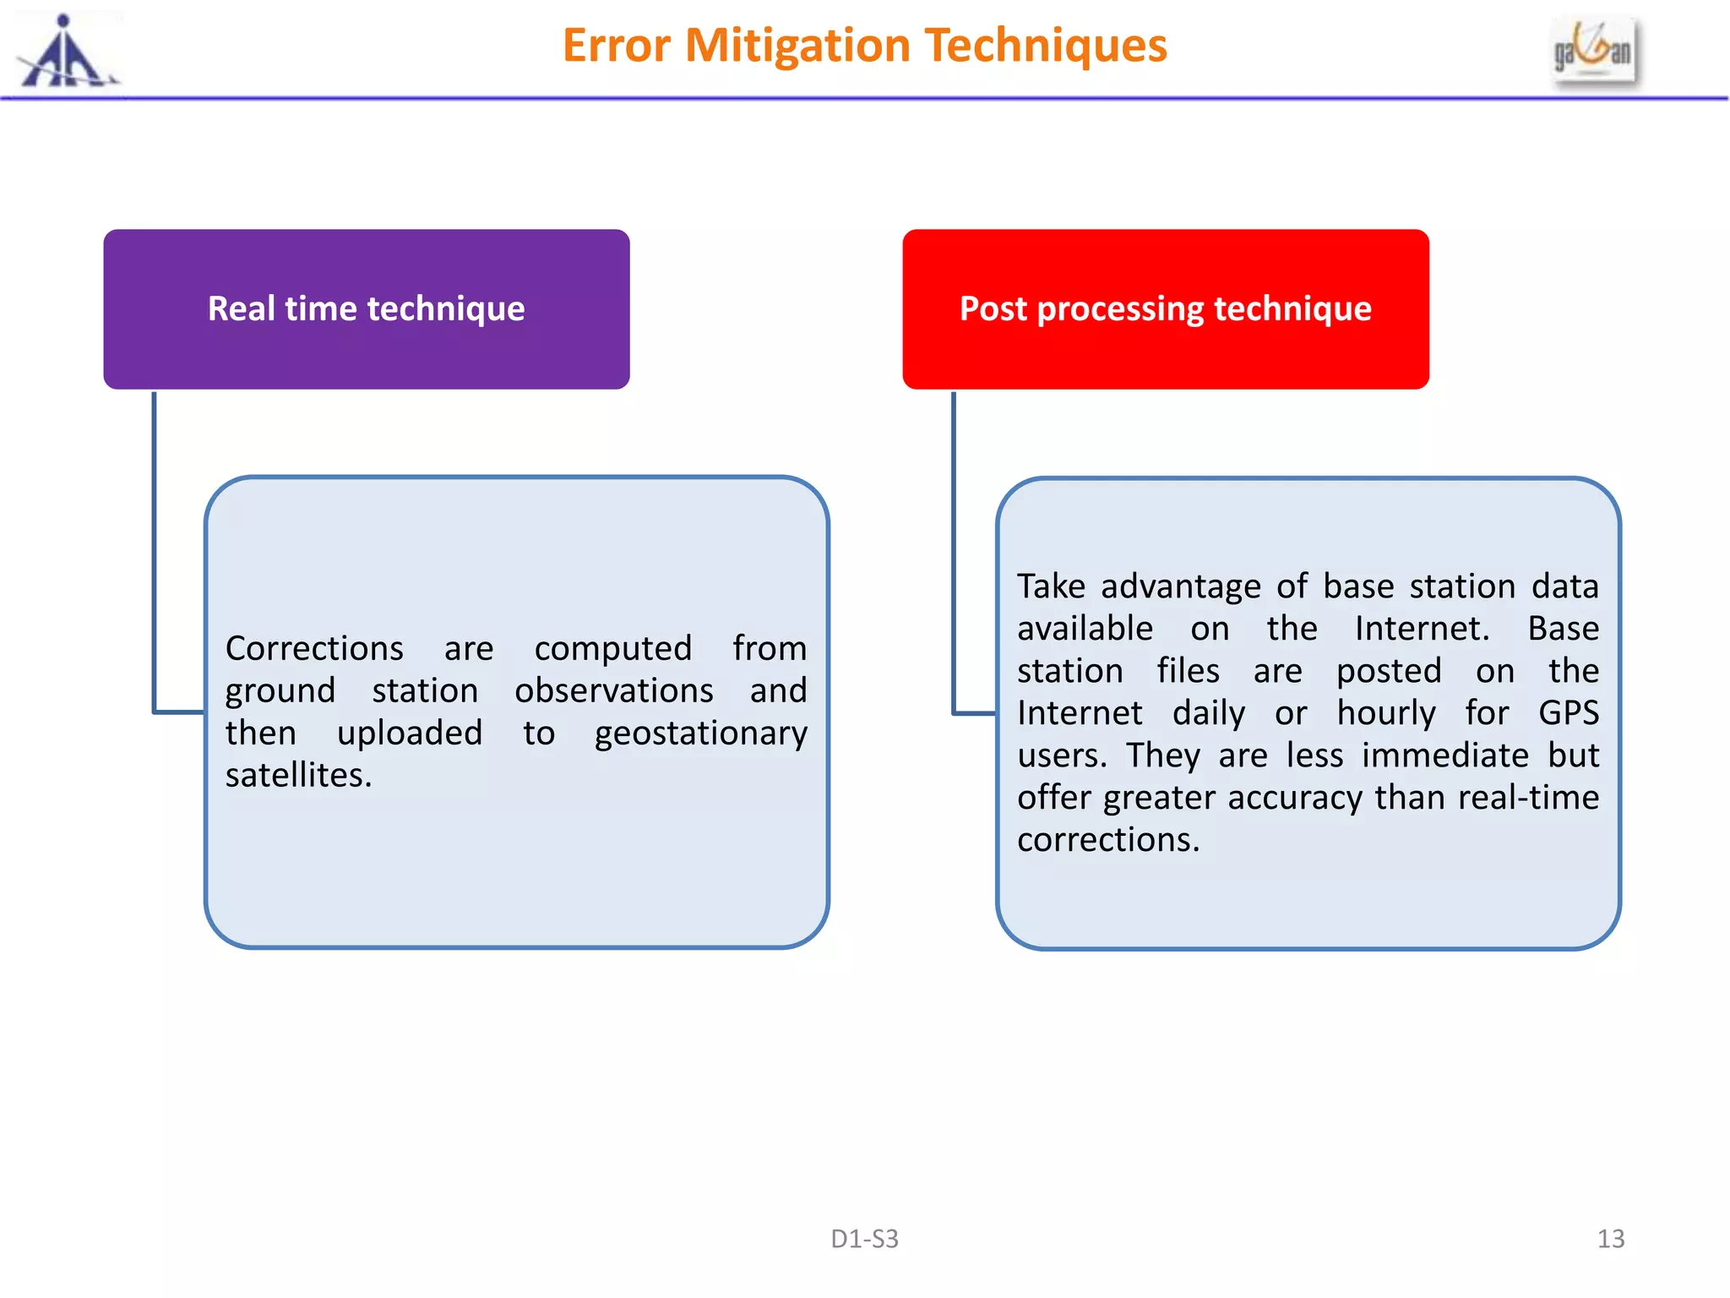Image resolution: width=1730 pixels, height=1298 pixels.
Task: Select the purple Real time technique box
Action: [366, 308]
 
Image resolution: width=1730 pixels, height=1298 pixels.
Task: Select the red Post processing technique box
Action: [1165, 308]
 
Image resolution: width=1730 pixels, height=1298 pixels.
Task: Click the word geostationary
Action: [700, 734]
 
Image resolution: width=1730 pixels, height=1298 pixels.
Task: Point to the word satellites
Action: [297, 775]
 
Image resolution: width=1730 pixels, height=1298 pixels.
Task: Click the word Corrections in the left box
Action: [314, 649]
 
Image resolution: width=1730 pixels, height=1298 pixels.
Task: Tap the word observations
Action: [614, 691]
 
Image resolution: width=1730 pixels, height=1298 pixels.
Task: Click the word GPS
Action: [1568, 713]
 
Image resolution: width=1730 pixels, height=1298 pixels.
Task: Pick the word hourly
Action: [1385, 713]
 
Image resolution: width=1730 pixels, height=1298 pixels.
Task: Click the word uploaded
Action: [410, 734]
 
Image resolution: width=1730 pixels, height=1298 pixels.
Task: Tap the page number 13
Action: [1610, 1239]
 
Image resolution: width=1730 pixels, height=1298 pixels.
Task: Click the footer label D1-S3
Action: [864, 1239]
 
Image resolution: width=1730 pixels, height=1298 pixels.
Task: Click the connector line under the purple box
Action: [155, 549]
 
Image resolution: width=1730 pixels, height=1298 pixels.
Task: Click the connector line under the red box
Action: [954, 549]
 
